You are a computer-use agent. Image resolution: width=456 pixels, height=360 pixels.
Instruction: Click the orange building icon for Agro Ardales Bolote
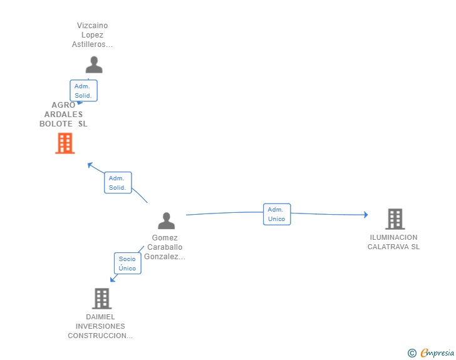click(65, 143)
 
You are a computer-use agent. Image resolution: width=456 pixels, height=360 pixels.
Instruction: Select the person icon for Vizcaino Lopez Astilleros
click(94, 64)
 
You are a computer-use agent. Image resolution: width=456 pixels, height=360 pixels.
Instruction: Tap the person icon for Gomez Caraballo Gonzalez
click(167, 221)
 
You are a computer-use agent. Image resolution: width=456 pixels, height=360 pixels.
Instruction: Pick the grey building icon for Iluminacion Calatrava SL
click(395, 219)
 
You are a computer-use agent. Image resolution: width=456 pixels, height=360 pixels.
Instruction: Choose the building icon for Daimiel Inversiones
click(101, 299)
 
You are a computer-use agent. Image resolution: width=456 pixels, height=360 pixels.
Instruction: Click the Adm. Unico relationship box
click(277, 214)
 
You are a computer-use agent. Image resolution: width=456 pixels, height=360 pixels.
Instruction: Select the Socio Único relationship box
click(128, 264)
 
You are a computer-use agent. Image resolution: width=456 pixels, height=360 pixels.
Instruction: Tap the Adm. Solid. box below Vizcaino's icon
click(83, 91)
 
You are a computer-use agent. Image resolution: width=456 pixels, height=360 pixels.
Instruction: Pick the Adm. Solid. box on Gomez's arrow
click(118, 183)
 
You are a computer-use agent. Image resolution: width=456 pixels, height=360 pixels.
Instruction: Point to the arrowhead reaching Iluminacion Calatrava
click(366, 215)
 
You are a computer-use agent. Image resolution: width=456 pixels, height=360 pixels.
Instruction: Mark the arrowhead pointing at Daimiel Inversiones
click(113, 279)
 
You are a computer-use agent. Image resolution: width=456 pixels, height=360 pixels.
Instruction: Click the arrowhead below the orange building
click(90, 165)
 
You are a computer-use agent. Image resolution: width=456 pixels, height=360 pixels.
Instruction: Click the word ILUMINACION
click(393, 237)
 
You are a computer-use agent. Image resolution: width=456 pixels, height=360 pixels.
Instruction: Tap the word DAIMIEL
click(100, 317)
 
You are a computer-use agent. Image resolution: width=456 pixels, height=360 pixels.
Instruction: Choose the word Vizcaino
click(92, 26)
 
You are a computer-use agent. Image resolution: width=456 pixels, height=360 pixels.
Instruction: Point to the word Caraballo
click(165, 247)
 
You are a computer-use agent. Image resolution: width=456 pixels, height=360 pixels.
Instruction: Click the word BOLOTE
click(56, 124)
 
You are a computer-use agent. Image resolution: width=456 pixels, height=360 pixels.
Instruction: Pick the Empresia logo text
click(437, 352)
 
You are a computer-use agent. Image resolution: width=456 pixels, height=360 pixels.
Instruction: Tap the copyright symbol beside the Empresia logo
click(412, 353)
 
